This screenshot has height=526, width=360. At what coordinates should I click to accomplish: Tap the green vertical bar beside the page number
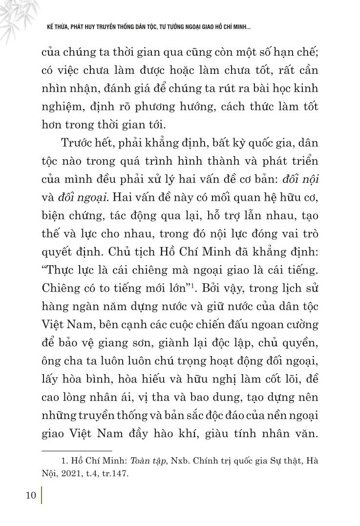pyautogui.click(x=42, y=495)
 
